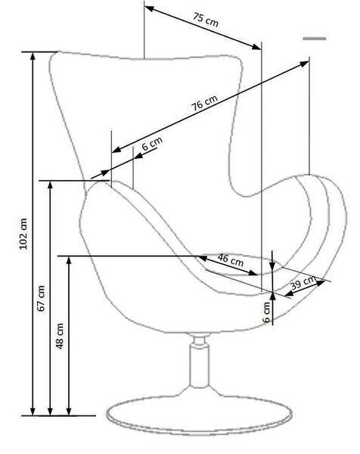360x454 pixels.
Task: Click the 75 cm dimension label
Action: point(206,20)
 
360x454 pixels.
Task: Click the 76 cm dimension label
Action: point(204,102)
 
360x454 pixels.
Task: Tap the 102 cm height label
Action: point(23,233)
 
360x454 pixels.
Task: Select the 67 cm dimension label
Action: point(42,298)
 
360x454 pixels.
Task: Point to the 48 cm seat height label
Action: point(60,336)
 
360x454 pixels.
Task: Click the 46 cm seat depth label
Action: point(231,260)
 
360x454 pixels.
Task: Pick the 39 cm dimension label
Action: point(303,282)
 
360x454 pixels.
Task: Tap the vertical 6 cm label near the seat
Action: point(266,312)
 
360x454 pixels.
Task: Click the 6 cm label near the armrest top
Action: point(152,143)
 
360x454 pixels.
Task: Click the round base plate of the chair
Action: point(199,415)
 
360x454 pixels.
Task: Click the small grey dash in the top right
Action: point(315,39)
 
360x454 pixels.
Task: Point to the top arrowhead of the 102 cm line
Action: point(33,57)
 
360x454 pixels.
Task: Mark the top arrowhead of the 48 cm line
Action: point(69,260)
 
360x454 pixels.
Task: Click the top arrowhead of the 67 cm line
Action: point(51,185)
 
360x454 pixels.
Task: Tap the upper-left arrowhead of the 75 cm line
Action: point(149,8)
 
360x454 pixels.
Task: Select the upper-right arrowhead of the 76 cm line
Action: point(304,64)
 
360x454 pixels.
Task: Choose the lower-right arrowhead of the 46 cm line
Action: point(253,272)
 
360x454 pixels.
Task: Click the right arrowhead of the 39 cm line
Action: point(321,283)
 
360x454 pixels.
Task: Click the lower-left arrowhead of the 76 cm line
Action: point(116,150)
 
